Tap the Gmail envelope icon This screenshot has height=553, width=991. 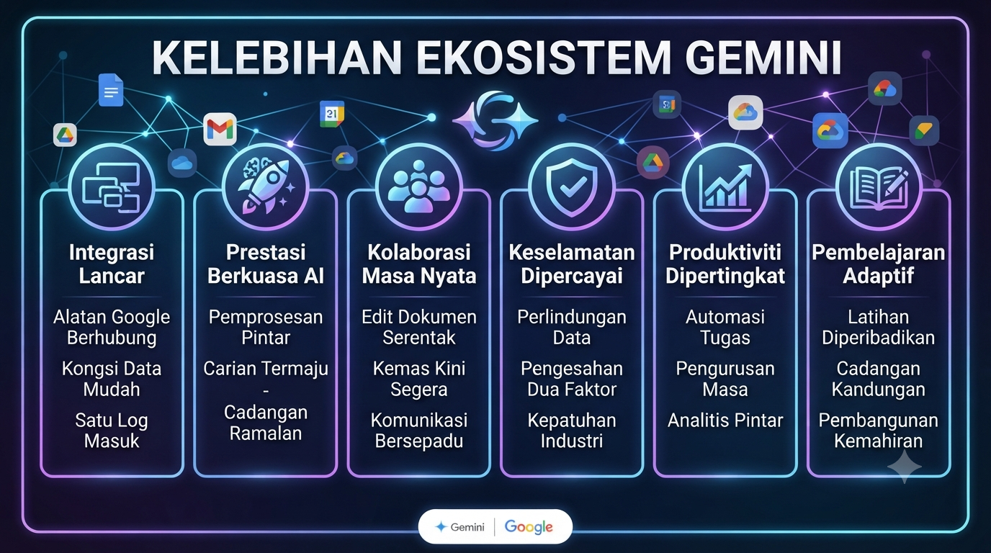click(220, 129)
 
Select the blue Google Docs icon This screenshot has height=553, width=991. click(111, 90)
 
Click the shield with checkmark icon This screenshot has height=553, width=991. click(572, 187)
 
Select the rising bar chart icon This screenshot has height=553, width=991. click(725, 186)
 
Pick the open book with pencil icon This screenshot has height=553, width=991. click(879, 189)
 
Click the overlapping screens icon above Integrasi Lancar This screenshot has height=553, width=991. click(112, 188)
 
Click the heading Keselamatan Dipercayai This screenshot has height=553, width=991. click(572, 264)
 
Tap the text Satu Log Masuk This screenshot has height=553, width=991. click(112, 431)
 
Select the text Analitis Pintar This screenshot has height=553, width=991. click(725, 421)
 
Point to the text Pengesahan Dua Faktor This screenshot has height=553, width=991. click(572, 379)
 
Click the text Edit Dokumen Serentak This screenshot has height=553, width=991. click(419, 328)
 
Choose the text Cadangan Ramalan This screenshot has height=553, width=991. click(266, 423)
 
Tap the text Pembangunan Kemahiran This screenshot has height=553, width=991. click(878, 431)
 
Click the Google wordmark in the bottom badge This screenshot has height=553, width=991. click(528, 526)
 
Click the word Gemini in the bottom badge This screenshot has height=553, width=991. click(467, 527)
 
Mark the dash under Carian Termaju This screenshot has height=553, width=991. click(266, 392)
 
